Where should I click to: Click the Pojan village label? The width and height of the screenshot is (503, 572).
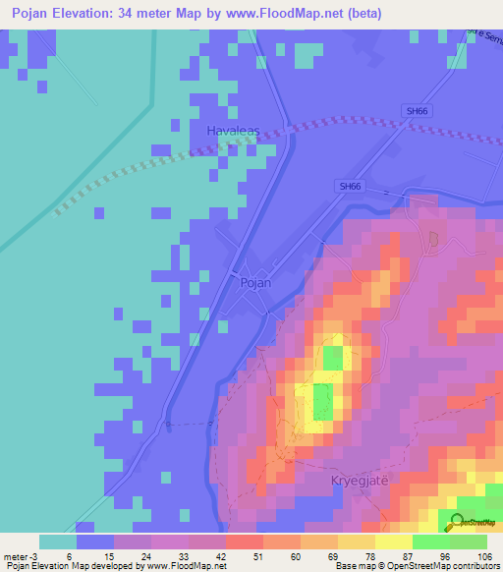point(254,282)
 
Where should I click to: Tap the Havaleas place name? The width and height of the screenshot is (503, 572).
point(233,130)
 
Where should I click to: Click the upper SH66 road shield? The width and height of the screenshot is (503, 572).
point(418,111)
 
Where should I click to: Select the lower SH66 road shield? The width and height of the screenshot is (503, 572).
point(349,186)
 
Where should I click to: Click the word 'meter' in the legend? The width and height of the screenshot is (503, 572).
point(18,555)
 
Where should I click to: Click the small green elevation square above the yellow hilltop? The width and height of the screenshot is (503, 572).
point(335,358)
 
